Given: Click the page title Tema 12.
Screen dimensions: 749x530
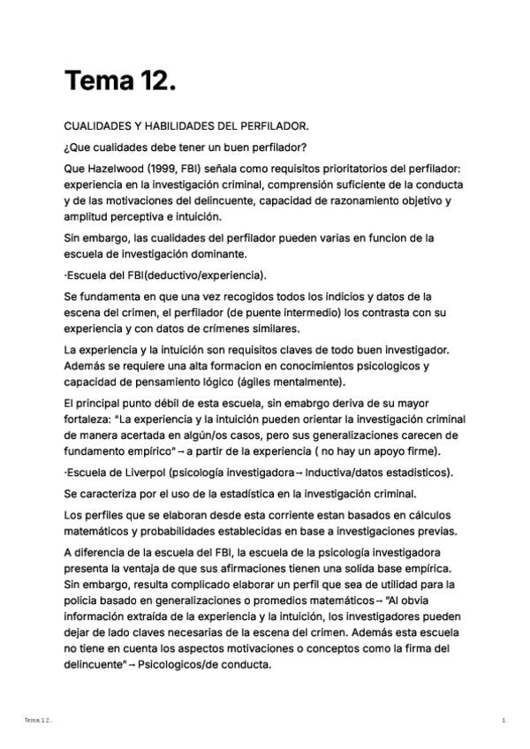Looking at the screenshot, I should [x=120, y=82].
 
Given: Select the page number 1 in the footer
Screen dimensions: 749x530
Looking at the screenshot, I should [x=503, y=721].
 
